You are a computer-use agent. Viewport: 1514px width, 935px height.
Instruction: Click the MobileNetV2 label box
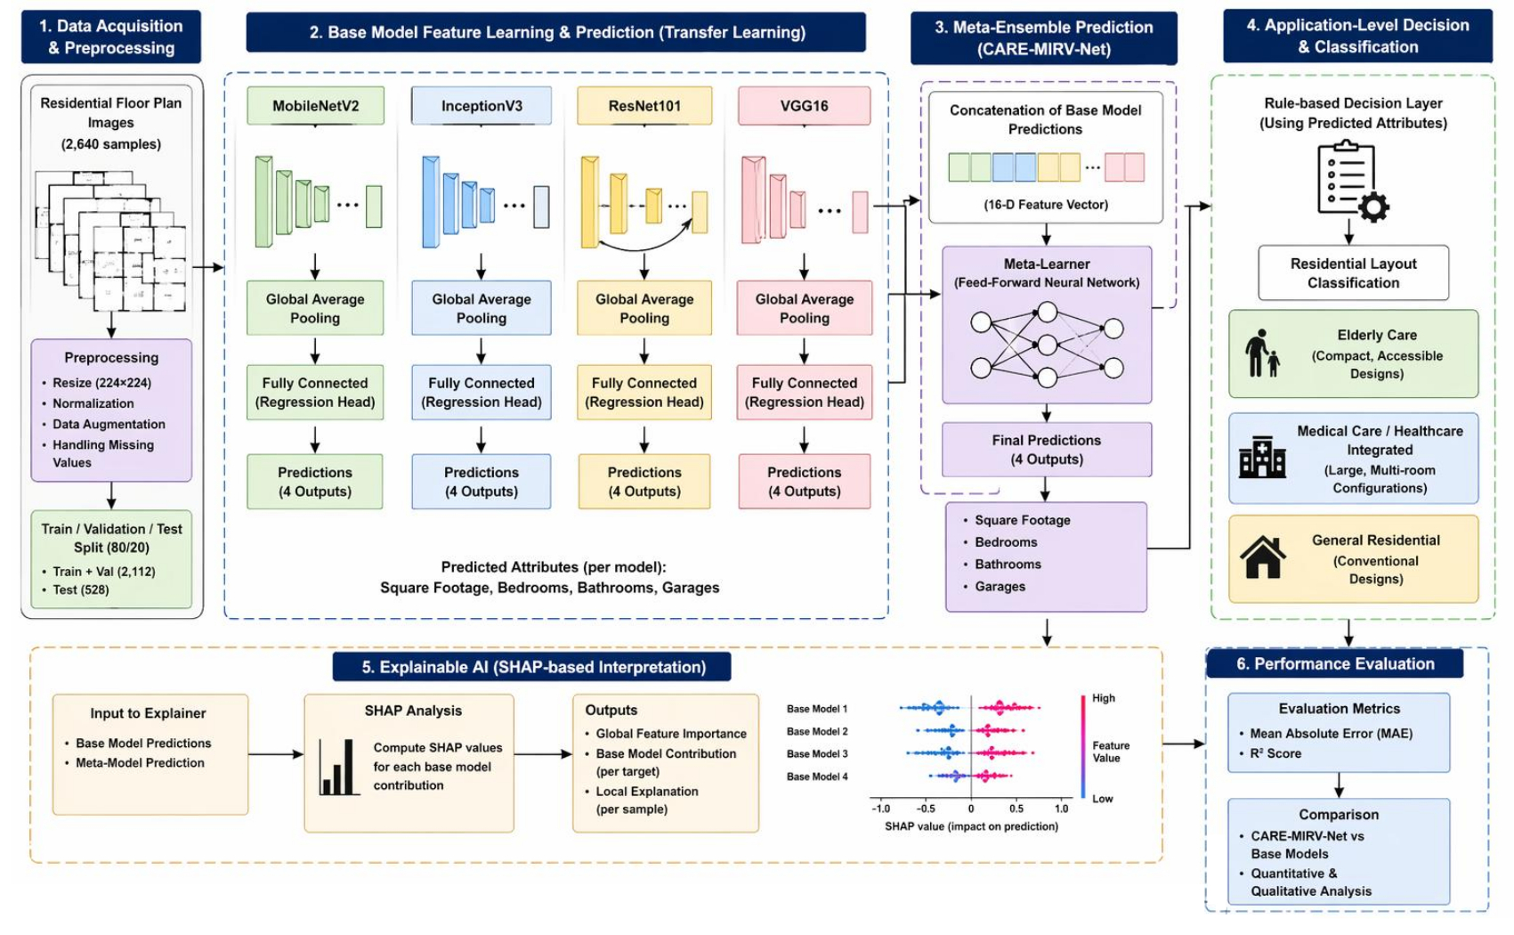[x=315, y=105]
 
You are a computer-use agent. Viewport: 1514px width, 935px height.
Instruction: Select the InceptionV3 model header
[x=482, y=105]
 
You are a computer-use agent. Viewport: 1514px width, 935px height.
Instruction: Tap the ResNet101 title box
[x=644, y=105]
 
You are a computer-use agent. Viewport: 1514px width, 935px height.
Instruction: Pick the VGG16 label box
[x=804, y=105]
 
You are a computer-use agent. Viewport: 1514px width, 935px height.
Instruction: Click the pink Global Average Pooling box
[x=805, y=308]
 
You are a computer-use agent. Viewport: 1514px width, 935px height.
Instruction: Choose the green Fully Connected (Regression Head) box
[x=315, y=392]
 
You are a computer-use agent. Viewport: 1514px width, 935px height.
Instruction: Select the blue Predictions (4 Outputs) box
[x=482, y=482]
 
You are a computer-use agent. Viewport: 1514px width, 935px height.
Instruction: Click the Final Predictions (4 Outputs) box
[x=1047, y=450]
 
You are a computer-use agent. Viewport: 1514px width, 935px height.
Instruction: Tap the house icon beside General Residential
[x=1263, y=557]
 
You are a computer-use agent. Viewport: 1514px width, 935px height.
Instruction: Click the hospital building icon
[x=1262, y=457]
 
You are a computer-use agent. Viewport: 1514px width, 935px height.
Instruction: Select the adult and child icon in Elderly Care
[x=1262, y=353]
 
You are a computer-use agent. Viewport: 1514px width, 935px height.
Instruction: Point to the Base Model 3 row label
[x=817, y=754]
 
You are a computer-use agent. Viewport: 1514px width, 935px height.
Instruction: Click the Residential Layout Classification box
[x=1353, y=273]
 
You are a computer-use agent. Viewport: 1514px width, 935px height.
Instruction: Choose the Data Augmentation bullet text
[x=109, y=424]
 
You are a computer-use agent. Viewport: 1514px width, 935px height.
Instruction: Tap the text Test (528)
[x=80, y=589]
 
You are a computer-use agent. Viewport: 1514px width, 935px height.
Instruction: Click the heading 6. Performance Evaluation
[x=1335, y=664]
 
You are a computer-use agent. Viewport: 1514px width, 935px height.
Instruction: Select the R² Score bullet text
[x=1275, y=753]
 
